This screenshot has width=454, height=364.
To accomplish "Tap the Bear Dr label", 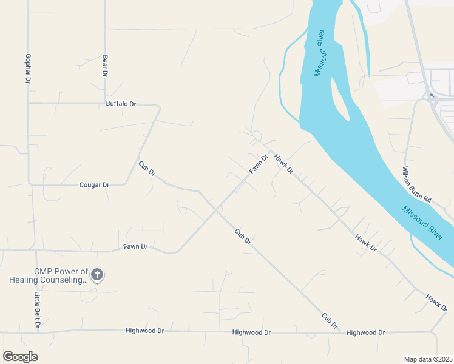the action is pyautogui.click(x=105, y=65).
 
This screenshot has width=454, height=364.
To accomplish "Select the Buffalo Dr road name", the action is pyautogui.click(x=121, y=104).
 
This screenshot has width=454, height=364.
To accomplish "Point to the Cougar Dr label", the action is pyautogui.click(x=94, y=184).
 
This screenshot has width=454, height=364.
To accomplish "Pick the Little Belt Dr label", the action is pyautogui.click(x=37, y=310).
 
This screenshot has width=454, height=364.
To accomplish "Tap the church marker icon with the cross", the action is pyautogui.click(x=97, y=275).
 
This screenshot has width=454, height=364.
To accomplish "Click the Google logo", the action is pyautogui.click(x=20, y=357).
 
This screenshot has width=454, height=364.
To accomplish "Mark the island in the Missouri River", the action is pyautogui.click(x=340, y=100).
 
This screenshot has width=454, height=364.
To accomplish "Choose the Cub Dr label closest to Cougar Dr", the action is pyautogui.click(x=147, y=169).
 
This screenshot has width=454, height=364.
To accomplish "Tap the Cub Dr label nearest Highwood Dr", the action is pyautogui.click(x=330, y=321).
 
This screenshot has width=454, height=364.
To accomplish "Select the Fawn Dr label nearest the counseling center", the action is pyautogui.click(x=135, y=246).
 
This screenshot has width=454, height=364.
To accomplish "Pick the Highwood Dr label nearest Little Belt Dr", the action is pyautogui.click(x=144, y=331).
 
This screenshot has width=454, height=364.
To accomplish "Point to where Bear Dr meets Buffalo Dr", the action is pyautogui.click(x=105, y=103).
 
